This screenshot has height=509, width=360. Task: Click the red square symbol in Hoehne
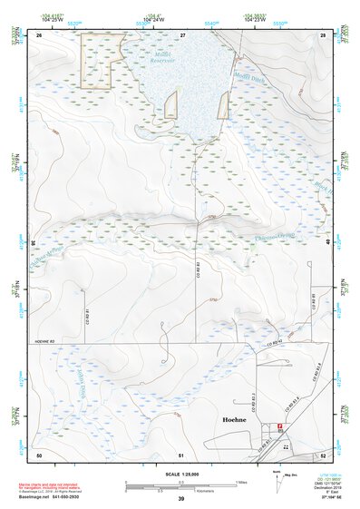pyautogui.click(x=280, y=426)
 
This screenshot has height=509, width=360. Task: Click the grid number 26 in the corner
pyautogui.click(x=40, y=34)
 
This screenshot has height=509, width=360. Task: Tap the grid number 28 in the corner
pyautogui.click(x=322, y=34)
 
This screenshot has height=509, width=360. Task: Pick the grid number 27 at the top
pyautogui.click(x=182, y=34)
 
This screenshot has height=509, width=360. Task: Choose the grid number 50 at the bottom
pyautogui.click(x=39, y=453)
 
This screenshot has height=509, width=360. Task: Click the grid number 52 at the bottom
pyautogui.click(x=322, y=453)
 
